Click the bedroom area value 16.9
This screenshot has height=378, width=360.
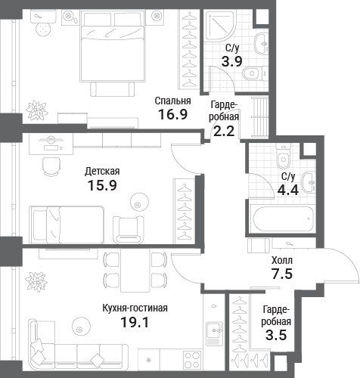(173, 114)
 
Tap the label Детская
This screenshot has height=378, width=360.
(102, 172)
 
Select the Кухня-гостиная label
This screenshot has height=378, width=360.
(135, 308)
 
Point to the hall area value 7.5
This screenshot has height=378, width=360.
(282, 274)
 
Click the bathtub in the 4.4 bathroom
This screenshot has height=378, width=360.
(283, 218)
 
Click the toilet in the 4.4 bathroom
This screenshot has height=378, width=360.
(284, 156)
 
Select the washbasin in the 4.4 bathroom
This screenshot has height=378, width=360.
(309, 182)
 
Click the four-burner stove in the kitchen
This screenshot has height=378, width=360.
(193, 360)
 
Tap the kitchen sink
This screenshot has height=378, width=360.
(214, 333)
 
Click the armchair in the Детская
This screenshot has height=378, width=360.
(129, 230)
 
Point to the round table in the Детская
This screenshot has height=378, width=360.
(139, 203)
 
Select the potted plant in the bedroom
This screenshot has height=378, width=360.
(37, 110)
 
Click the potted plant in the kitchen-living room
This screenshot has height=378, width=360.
(37, 281)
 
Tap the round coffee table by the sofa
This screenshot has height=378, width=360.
(81, 327)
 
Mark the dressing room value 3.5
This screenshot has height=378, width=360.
(276, 336)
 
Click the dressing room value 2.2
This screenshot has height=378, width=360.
(224, 131)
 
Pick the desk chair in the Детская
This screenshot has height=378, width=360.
(51, 167)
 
